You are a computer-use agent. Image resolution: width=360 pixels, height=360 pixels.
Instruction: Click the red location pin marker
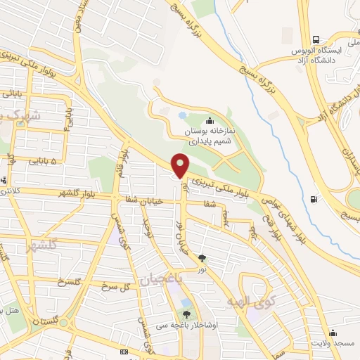181,165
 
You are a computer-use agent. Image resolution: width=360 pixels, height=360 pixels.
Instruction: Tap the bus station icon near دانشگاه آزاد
316,39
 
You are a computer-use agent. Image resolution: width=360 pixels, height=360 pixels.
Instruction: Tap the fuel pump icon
313,198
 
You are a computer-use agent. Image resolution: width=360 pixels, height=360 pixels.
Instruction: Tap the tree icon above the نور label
202,258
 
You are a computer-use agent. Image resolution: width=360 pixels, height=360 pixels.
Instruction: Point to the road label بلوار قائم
125,161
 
